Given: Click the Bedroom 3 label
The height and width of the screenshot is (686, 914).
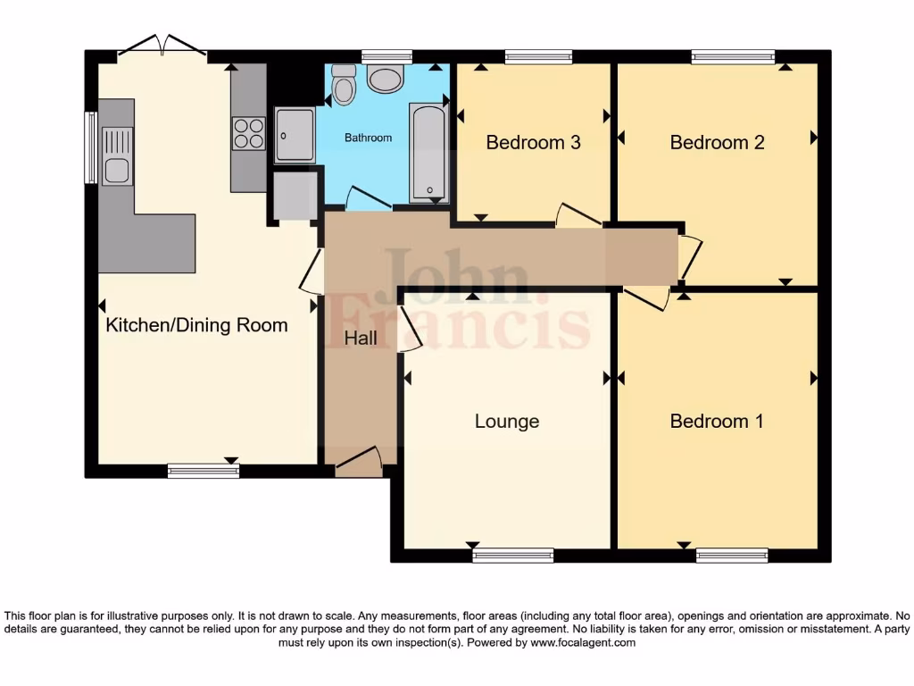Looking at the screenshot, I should click(x=533, y=142).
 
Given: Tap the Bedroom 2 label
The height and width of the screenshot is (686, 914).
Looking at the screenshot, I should click(x=717, y=142).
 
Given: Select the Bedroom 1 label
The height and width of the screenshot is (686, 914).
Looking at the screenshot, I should click(x=717, y=421).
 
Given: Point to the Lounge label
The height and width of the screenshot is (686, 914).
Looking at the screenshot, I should click(x=506, y=421).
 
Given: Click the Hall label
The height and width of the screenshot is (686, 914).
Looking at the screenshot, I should click(x=361, y=339).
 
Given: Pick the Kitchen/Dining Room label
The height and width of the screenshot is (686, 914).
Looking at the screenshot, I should click(x=196, y=324).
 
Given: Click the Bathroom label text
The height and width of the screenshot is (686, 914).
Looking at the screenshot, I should click(x=368, y=138).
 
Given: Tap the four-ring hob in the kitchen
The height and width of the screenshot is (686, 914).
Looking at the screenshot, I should click(x=248, y=133).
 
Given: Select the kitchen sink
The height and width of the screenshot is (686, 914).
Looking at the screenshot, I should click(x=116, y=155).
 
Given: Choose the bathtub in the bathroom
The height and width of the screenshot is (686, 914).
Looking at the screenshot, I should click(x=429, y=153).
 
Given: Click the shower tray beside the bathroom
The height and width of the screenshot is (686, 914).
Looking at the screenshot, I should click(x=294, y=135).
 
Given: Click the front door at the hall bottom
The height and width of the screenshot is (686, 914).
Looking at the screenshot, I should click(x=359, y=462).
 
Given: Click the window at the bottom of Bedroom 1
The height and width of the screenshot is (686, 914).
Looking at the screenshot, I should click(x=719, y=556).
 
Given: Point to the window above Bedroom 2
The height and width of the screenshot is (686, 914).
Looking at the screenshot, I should click(x=733, y=57).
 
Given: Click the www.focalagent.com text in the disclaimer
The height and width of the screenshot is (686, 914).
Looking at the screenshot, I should click(x=583, y=642).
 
